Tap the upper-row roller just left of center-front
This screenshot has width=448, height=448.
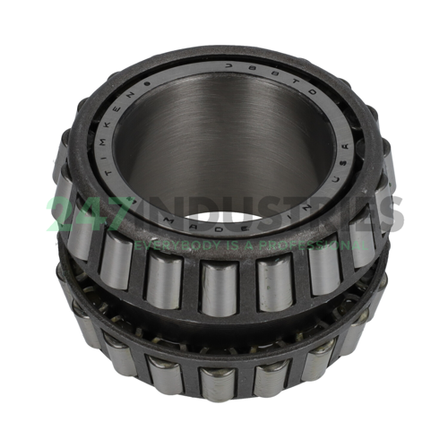pos(164,280)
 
